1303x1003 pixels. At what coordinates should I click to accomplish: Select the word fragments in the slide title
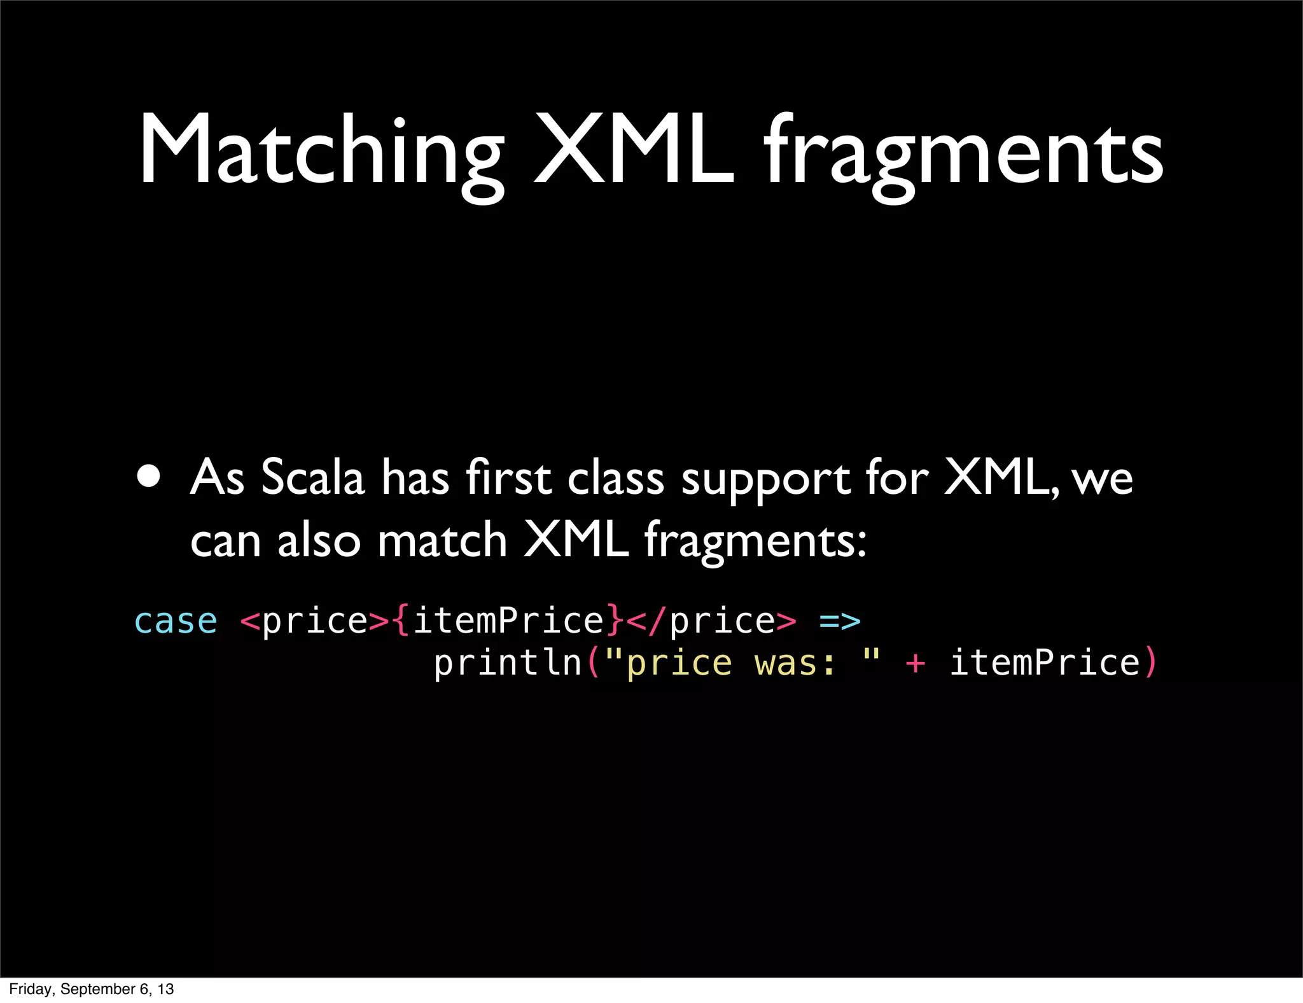(x=964, y=156)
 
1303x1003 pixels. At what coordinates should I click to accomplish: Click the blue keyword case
(x=176, y=621)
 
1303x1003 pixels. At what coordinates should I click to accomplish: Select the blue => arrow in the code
(x=840, y=621)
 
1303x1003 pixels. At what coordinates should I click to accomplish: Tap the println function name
(x=508, y=663)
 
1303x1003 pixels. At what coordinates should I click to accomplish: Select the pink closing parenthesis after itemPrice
(x=1150, y=663)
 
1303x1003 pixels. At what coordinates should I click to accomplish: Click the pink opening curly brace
(x=401, y=621)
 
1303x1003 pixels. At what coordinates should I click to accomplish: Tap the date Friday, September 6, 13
(x=92, y=989)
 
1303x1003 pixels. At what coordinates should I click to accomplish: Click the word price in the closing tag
(x=722, y=621)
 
